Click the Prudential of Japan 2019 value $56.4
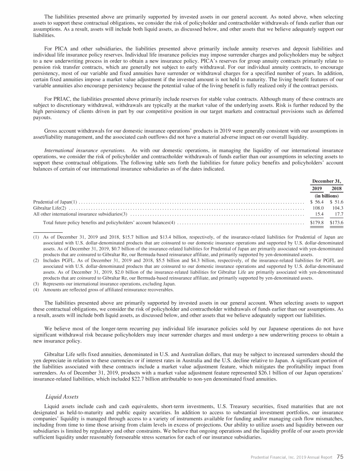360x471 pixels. (x=317, y=202)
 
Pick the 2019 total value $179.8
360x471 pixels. (x=317, y=222)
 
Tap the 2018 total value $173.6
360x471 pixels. (x=336, y=222)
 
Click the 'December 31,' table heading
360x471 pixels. (x=327, y=181)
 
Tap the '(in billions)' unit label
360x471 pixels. (x=327, y=196)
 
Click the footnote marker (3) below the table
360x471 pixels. (x=36, y=284)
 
